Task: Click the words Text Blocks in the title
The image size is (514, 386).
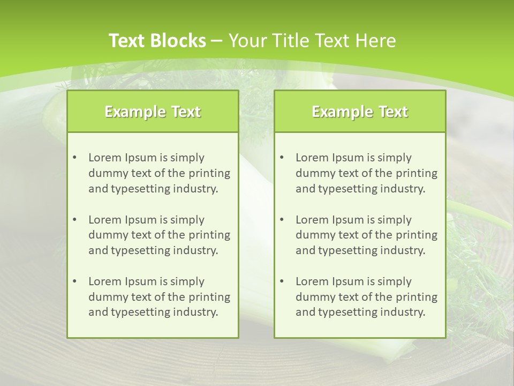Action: click(157, 41)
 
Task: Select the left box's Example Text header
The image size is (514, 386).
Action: click(153, 112)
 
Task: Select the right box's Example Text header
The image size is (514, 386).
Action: click(360, 112)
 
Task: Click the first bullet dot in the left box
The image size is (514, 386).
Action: click(74, 158)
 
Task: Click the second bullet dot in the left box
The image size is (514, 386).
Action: click(74, 220)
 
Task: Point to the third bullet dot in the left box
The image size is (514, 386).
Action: click(74, 281)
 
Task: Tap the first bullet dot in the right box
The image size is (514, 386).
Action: click(282, 158)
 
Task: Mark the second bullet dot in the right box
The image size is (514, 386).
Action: click(282, 220)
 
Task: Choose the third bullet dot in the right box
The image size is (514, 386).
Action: click(282, 281)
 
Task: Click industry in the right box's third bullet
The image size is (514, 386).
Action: click(403, 313)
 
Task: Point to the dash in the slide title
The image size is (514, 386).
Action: click(217, 41)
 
